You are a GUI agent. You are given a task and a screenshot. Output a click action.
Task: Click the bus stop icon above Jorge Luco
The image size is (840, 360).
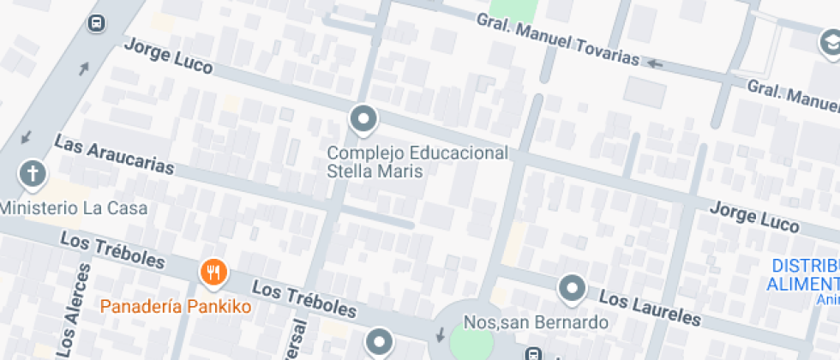tap(97, 23)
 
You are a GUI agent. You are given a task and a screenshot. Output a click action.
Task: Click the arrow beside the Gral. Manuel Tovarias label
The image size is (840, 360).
tap(656, 63)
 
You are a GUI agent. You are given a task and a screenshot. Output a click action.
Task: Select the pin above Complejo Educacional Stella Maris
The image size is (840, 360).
tap(363, 119)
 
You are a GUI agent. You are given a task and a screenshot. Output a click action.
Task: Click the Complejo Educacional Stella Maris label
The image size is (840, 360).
tap(418, 161)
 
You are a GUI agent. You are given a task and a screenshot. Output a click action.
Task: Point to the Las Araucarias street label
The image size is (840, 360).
tap(114, 154)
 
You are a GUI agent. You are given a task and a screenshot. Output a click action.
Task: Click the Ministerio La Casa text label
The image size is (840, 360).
tap(74, 207)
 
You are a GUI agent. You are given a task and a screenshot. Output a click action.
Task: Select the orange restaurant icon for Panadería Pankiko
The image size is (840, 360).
tap(213, 273)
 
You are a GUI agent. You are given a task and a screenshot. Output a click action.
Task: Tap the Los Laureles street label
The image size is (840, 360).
tap(649, 309)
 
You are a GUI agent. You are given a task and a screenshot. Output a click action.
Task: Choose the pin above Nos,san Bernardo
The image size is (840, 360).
tap(572, 289)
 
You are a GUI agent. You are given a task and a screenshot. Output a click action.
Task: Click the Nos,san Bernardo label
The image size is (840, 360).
tap(536, 323)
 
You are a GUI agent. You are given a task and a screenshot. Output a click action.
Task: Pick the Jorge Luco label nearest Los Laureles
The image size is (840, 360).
tap(754, 217)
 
